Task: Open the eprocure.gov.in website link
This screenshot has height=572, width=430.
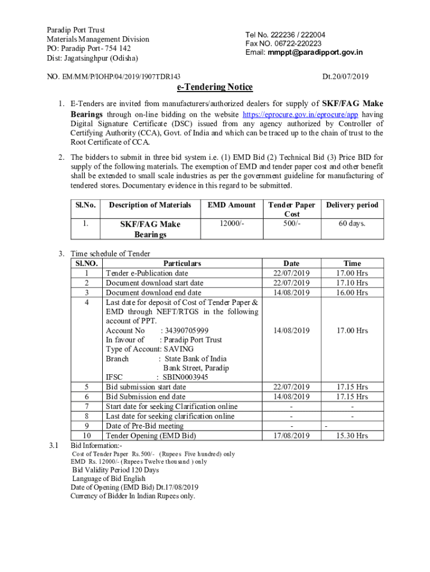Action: (x=299, y=113)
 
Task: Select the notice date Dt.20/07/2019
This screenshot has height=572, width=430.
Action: (x=346, y=77)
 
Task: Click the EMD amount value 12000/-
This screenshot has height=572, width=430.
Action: (x=231, y=223)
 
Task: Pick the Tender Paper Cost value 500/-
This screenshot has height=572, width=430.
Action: (x=292, y=223)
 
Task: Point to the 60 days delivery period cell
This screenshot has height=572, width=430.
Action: (x=352, y=223)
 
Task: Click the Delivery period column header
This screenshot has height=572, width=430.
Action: (x=352, y=205)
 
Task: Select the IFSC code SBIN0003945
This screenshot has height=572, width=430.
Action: (x=185, y=377)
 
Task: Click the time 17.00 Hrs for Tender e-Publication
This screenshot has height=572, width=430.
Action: (x=352, y=273)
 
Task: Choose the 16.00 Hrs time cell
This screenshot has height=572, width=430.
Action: (x=352, y=293)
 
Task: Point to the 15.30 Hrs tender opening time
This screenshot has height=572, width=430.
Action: (x=352, y=436)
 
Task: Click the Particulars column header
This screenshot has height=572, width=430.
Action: (x=182, y=263)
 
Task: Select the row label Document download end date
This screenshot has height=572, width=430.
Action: (x=154, y=293)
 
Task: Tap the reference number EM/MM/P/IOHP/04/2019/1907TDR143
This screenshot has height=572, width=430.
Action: (x=120, y=77)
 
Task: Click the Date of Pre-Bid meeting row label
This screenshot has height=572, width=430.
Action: (x=145, y=426)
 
